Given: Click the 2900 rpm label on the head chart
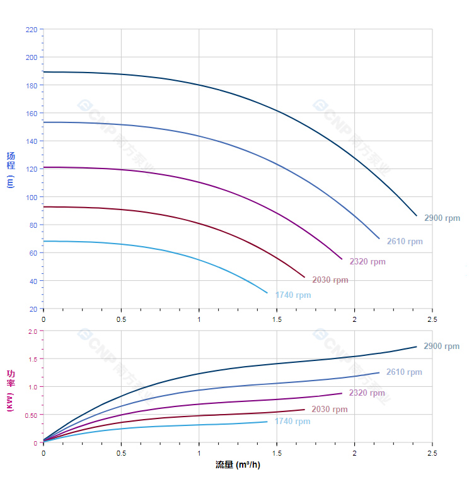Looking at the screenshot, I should click(442, 218).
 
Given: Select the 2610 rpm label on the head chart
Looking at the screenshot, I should click(405, 242).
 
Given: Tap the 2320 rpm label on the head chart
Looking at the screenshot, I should click(367, 262).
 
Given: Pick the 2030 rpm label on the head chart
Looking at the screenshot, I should click(330, 280).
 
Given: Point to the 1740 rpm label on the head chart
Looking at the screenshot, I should click(293, 295).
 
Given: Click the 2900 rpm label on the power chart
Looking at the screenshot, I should click(441, 346).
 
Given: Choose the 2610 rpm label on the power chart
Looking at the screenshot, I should click(404, 372).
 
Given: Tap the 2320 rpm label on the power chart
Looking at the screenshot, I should click(367, 393).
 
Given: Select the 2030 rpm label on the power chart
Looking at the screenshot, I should click(329, 410).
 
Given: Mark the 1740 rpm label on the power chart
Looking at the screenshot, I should click(292, 422).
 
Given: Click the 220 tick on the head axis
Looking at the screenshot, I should click(32, 30).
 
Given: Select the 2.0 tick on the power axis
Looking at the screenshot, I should click(33, 331).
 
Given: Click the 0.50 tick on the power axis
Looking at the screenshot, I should click(32, 415).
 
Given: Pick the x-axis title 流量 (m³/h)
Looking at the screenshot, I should click(238, 465).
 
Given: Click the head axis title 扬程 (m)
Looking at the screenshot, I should click(11, 169).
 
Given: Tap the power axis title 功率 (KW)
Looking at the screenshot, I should click(11, 390).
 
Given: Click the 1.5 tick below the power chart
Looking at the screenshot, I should click(277, 454).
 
